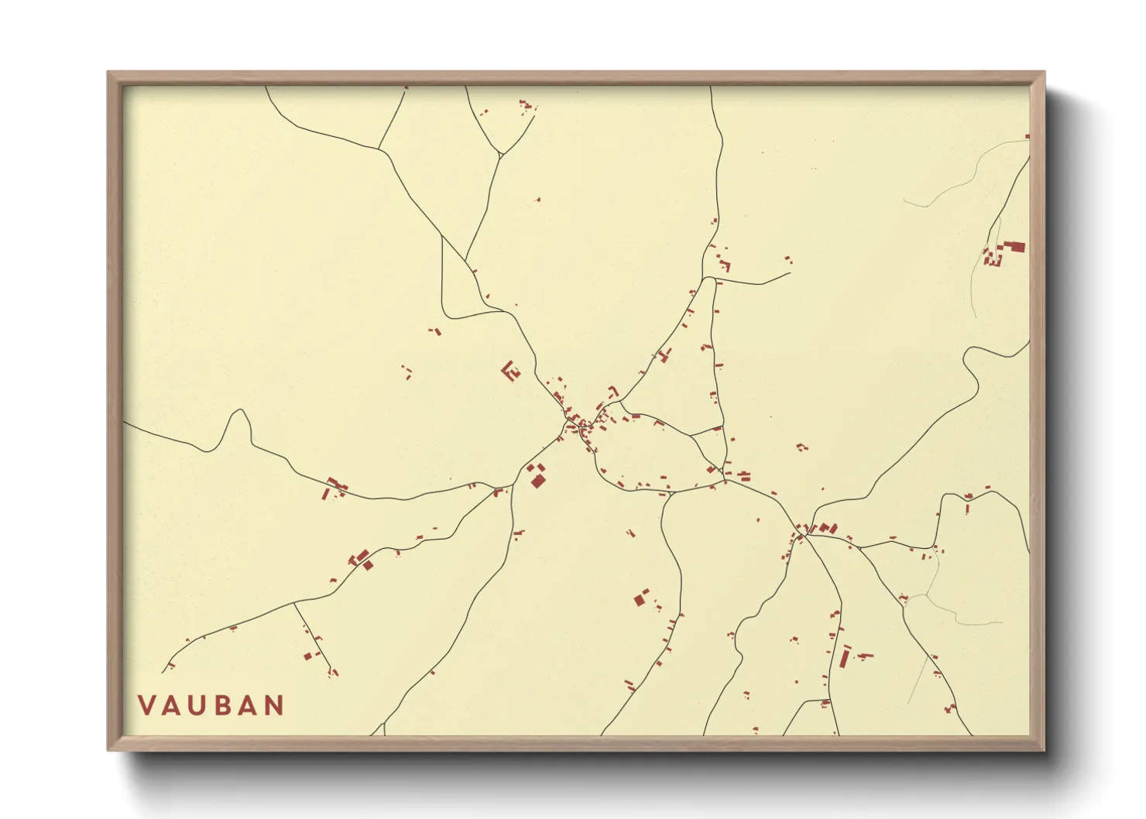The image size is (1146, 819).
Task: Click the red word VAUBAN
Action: tap(211, 705)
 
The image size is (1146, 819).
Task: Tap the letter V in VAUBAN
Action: tap(146, 705)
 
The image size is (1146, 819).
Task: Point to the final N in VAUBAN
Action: tap(273, 705)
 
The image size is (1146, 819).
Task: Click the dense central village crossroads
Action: tap(577, 424)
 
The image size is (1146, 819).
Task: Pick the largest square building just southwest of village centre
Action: tap(538, 481)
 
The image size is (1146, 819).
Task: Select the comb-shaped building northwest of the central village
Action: tap(510, 371)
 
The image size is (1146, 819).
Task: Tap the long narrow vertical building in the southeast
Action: tap(845, 657)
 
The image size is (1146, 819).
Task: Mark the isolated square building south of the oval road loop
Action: tap(641, 598)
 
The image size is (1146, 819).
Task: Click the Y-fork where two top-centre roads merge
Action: tap(501, 155)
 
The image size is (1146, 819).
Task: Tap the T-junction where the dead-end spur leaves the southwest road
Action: tap(294, 604)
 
